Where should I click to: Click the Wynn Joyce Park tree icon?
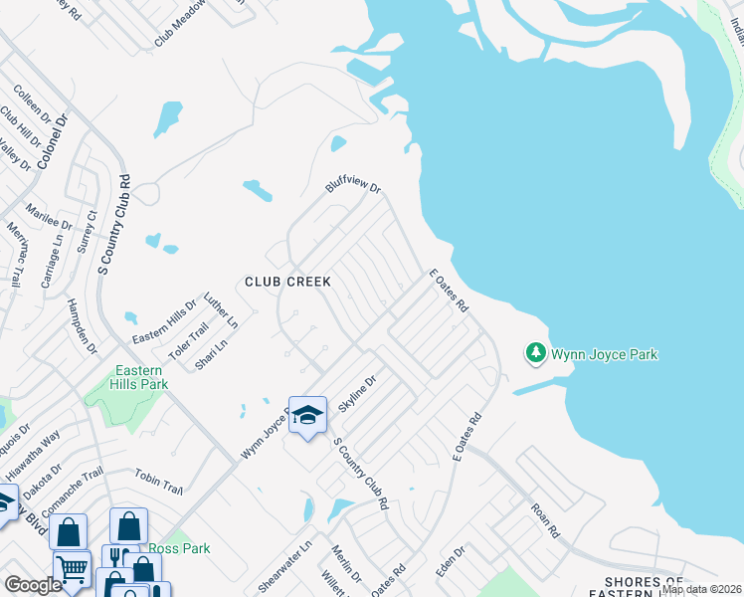tap(535, 353)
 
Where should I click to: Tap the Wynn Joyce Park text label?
tap(604, 354)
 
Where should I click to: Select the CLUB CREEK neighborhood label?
tap(287, 283)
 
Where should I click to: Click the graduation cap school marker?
tap(307, 415)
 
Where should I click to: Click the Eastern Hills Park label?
tap(139, 376)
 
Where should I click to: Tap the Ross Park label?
tap(179, 548)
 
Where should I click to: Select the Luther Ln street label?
tap(221, 310)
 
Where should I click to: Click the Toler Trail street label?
tap(188, 339)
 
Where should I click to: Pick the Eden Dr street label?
tap(452, 562)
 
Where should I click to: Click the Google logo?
tap(34, 585)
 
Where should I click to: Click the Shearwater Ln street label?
tap(283, 567)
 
